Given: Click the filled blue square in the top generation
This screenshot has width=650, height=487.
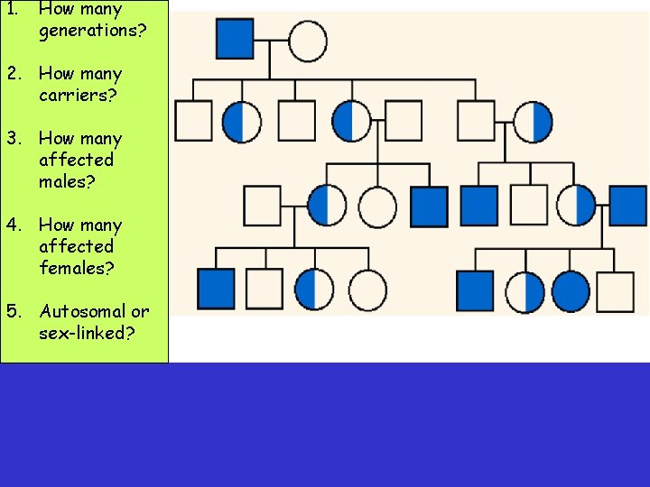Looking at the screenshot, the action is pyautogui.click(x=235, y=40).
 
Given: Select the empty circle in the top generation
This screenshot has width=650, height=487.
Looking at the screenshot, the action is pyautogui.click(x=307, y=41).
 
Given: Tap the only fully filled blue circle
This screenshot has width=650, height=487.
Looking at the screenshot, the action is pyautogui.click(x=571, y=290).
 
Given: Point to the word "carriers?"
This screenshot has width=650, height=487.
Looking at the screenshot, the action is pyautogui.click(x=80, y=95).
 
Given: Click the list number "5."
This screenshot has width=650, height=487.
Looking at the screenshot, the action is pyautogui.click(x=14, y=311).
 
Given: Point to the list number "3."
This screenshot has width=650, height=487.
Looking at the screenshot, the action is pyautogui.click(x=14, y=138).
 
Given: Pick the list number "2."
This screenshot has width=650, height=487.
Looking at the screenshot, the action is pyautogui.click(x=14, y=73).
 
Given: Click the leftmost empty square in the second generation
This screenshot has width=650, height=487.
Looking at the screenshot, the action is pyautogui.click(x=193, y=122).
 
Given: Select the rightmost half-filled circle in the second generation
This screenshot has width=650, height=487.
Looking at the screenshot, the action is pyautogui.click(x=533, y=122).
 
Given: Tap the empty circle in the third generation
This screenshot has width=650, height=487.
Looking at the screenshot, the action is pyautogui.click(x=377, y=207).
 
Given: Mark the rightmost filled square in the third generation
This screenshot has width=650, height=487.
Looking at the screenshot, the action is pyautogui.click(x=627, y=205).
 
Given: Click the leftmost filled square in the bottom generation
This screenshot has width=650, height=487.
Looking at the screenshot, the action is pyautogui.click(x=216, y=289).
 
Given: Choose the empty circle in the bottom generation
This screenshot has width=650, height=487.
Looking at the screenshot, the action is pyautogui.click(x=367, y=289).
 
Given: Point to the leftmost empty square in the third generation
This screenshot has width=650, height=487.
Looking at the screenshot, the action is pyautogui.click(x=263, y=206).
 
